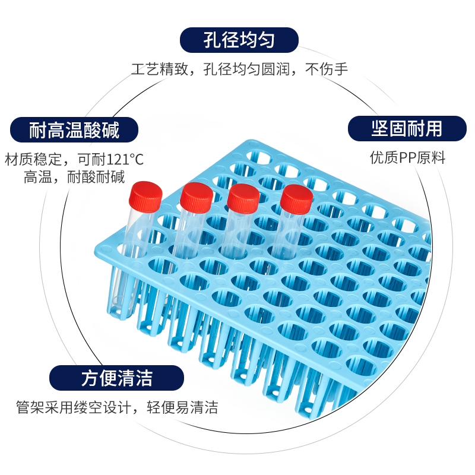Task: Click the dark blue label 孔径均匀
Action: [239, 40]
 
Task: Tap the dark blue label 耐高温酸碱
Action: [74, 129]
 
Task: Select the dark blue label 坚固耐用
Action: [407, 128]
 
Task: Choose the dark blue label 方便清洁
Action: [116, 378]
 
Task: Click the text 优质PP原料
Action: [407, 158]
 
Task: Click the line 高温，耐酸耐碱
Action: [74, 177]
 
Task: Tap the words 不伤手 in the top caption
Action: [326, 69]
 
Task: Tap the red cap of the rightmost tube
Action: [296, 199]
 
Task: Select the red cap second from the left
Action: [197, 197]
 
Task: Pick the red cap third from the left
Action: [243, 198]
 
